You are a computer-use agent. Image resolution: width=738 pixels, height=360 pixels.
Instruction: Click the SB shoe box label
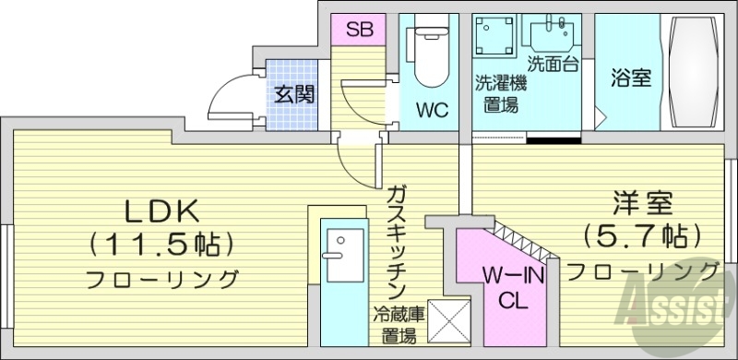pos(359,29)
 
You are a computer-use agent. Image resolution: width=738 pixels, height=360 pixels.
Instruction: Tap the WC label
pos(431,111)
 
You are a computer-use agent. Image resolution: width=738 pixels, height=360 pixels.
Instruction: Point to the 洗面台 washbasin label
pos(553,66)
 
